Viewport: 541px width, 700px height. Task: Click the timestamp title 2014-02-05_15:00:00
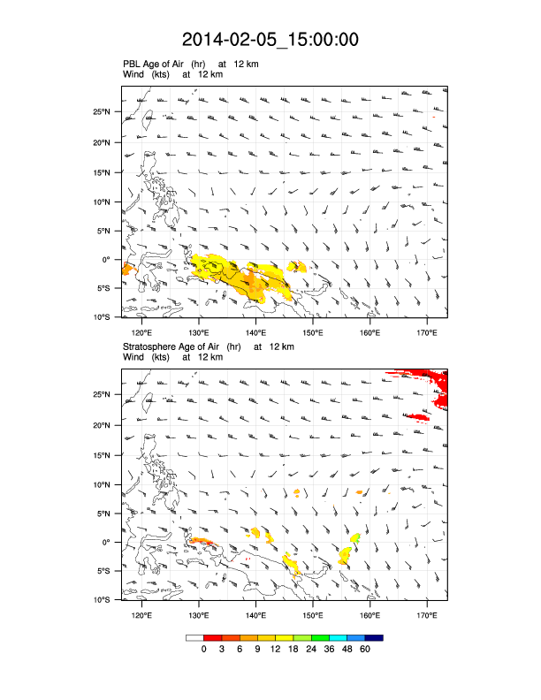pyautogui.click(x=270, y=40)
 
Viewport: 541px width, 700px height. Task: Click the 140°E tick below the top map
pyautogui.click(x=256, y=332)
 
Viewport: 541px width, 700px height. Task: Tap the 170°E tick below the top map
pyautogui.click(x=426, y=332)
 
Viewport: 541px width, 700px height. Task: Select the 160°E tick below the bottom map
pyautogui.click(x=370, y=615)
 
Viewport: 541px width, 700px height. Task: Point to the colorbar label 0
pyautogui.click(x=203, y=649)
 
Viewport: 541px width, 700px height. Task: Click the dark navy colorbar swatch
pyautogui.click(x=374, y=637)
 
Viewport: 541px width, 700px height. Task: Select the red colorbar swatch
pyautogui.click(x=212, y=637)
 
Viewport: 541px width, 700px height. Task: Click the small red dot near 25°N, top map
pyautogui.click(x=435, y=116)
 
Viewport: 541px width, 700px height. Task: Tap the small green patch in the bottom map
pyautogui.click(x=356, y=537)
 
